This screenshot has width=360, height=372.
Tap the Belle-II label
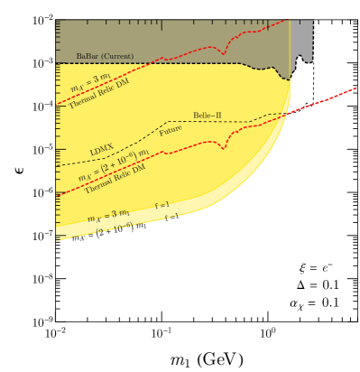[x=208, y=116]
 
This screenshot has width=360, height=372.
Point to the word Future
[x=171, y=130]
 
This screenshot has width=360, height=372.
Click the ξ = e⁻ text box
[x=317, y=266]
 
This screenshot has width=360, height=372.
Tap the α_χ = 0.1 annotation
[x=314, y=303]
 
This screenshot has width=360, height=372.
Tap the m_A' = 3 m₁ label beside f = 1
[x=108, y=217]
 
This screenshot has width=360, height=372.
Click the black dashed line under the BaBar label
[x=180, y=63]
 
